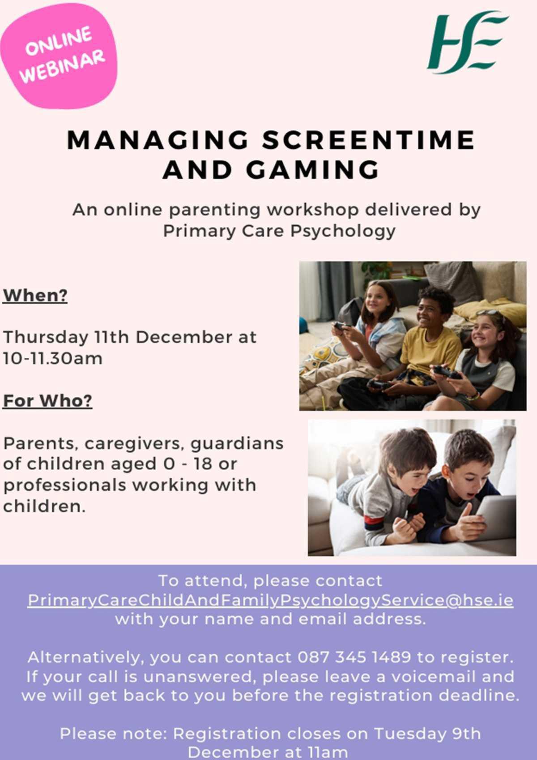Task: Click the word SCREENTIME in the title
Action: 368,140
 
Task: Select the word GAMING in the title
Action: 312,170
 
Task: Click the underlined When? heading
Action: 35,296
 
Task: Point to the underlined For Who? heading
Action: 47,401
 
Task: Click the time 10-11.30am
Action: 53,358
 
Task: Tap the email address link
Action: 270,600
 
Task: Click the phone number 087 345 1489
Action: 354,657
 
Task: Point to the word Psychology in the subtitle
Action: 343,231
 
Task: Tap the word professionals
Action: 65,485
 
